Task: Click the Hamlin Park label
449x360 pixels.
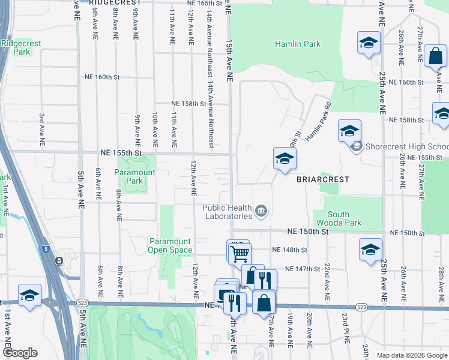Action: [298, 44]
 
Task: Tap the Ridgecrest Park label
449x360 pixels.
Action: [16, 47]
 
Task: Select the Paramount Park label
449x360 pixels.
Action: [135, 176]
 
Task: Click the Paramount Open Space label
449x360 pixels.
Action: [170, 245]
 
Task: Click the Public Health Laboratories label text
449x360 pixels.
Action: [227, 212]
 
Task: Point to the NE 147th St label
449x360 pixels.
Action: [304, 269]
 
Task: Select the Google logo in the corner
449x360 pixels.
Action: [20, 353]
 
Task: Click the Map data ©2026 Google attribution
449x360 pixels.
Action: [412, 355]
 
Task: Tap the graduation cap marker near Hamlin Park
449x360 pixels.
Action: [369, 43]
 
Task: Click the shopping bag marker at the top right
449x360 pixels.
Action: [435, 56]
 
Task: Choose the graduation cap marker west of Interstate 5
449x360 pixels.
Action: [29, 296]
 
